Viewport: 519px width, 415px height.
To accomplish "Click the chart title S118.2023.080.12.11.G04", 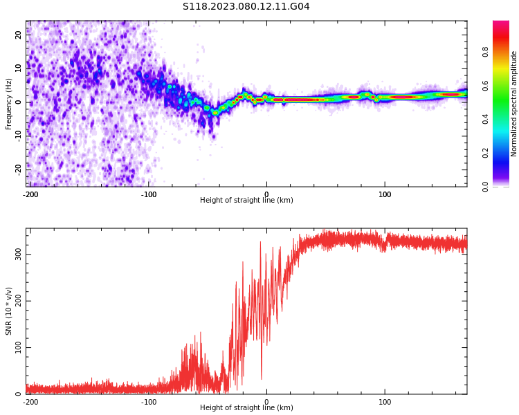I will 246,7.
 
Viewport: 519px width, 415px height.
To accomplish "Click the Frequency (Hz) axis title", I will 9,104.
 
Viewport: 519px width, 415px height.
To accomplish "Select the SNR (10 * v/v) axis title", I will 9,311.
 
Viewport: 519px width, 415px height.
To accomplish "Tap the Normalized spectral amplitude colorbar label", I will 514,104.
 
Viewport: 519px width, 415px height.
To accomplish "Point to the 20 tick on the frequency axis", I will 19,36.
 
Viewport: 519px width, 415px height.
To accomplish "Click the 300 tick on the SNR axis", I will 19,254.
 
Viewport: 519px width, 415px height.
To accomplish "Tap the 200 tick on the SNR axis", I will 19,301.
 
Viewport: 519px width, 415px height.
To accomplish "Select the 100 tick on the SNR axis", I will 19,347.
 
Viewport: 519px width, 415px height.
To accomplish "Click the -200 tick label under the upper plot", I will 30,194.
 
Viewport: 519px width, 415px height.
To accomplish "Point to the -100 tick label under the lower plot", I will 149,401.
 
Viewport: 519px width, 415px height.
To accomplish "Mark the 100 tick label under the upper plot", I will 385,194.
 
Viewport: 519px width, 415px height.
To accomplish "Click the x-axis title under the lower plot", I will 246,408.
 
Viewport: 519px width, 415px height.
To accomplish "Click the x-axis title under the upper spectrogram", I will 246,201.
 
